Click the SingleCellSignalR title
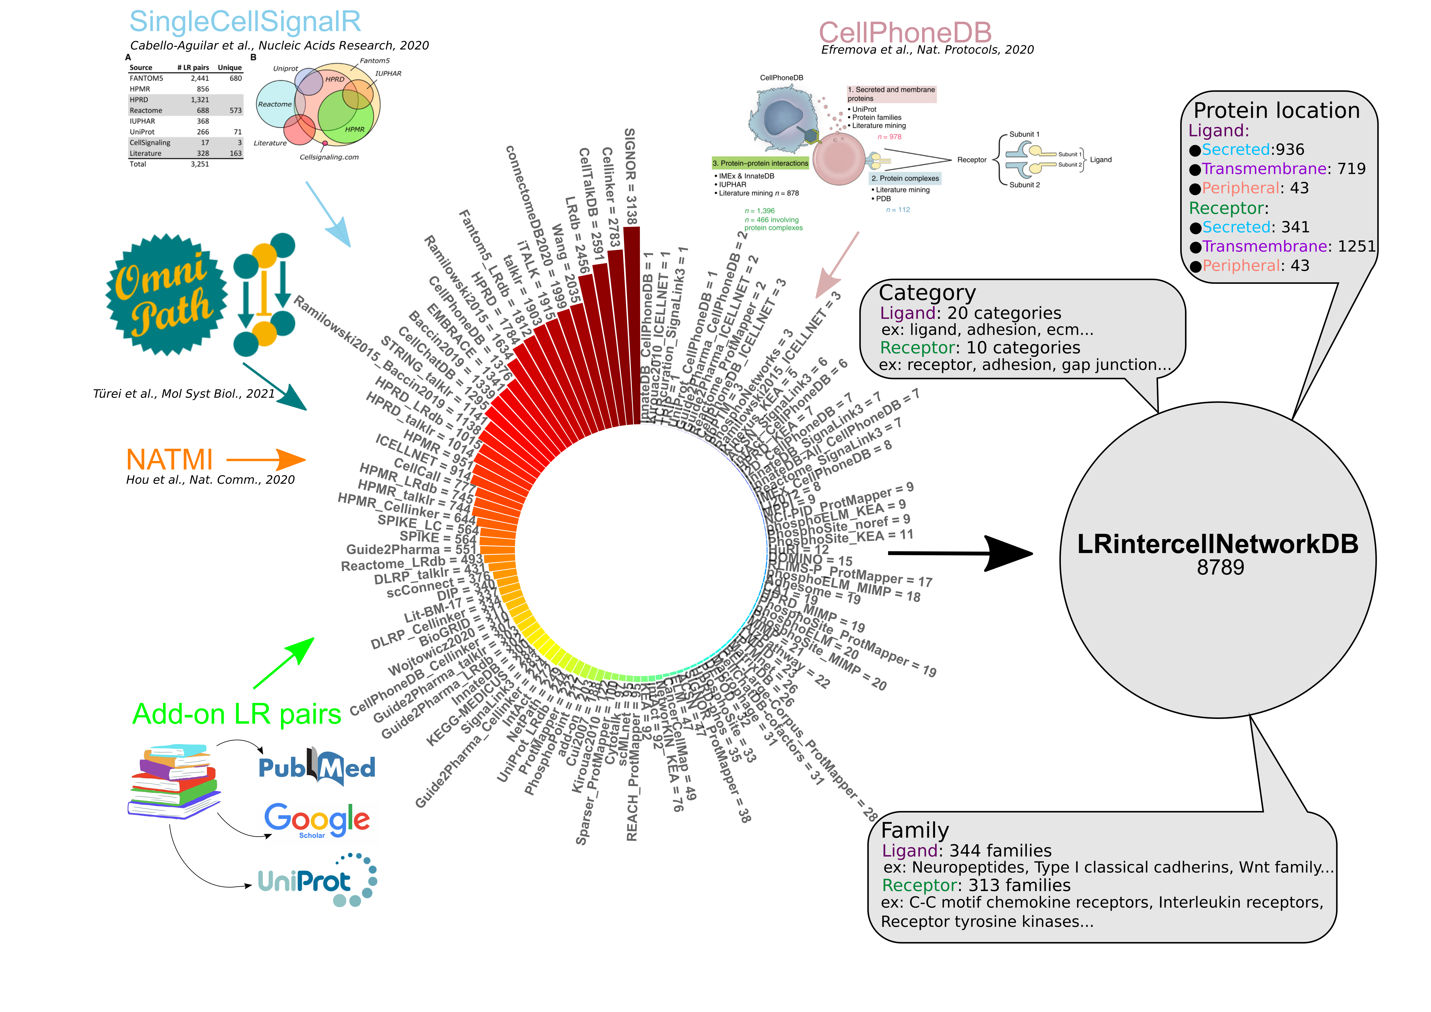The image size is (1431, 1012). click(245, 22)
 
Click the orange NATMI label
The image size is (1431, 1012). click(170, 460)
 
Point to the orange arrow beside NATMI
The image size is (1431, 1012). click(266, 460)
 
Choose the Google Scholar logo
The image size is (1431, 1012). click(317, 823)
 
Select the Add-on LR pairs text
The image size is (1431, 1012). click(237, 714)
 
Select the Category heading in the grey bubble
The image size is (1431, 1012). click(927, 292)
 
